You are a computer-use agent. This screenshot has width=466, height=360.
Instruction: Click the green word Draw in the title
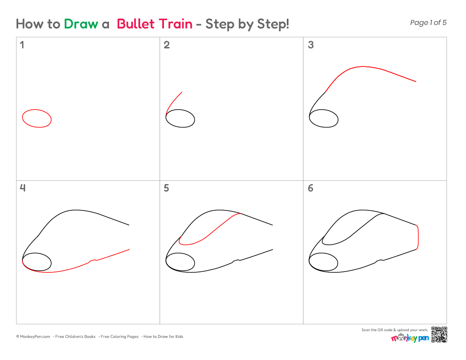point(81,24)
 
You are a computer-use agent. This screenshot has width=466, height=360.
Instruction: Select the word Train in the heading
point(175,24)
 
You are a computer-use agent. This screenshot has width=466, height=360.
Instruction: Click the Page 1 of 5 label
point(428,22)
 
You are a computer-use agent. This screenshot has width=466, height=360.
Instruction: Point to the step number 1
point(22,45)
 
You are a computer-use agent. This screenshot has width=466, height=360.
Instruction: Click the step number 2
point(167,45)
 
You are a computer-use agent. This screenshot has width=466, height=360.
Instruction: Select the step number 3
point(311,45)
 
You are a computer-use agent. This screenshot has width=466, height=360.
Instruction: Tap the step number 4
point(22,188)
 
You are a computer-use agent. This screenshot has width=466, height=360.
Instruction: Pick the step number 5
point(166,188)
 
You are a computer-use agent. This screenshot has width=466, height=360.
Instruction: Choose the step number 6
point(311,188)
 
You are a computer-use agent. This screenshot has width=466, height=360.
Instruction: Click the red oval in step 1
point(37,110)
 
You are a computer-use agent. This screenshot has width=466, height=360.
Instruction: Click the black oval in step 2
point(180,110)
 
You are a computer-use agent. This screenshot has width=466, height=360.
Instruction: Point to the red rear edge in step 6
point(419,237)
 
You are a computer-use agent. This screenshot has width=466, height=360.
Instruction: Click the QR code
point(439,335)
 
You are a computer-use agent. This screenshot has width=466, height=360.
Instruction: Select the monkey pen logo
point(410,338)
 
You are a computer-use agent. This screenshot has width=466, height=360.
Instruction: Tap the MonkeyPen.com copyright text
point(33,337)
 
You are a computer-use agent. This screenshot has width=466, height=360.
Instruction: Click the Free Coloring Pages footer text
point(119,337)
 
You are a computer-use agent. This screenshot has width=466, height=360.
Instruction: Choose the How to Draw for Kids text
point(163,337)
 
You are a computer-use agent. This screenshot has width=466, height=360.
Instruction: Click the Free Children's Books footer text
point(75,337)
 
